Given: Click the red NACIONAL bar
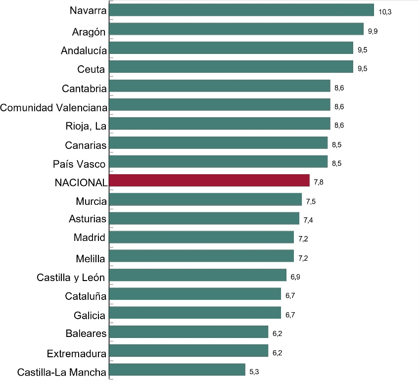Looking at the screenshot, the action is coord(210,181).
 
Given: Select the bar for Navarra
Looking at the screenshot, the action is coord(241,10).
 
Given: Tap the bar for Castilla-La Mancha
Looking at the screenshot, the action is coord(177,370).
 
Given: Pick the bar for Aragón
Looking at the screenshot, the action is coord(236,29).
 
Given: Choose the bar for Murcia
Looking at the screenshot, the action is coord(205,199).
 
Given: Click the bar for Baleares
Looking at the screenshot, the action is coord(188,332).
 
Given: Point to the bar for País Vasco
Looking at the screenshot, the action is coord(218,161).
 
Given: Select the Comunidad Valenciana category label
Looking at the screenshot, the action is coord(54,108).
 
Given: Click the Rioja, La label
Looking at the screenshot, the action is coord(86,126).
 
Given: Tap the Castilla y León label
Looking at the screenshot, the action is coord(71,278).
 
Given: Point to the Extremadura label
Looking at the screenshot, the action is coord(77,354).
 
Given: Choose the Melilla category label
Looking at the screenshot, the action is coord(91,259).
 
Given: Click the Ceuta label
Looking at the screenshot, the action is coord(91,69).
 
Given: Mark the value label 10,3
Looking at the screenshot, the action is coord(385,12).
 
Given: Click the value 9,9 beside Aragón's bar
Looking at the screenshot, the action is coord(373,31).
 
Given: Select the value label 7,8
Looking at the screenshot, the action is coord(319,182).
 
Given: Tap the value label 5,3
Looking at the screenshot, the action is coord(254,372).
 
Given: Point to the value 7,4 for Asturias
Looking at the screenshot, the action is coord(308,220).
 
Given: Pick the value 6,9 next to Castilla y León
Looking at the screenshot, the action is coord(295,277).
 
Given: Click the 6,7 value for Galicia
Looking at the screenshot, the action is coord(290,315).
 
